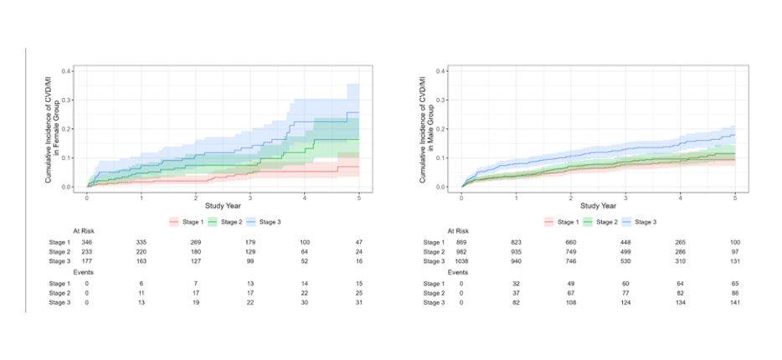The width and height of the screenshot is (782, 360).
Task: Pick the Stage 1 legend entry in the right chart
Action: [563, 221]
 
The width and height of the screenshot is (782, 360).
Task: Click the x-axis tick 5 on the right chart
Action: [734, 198]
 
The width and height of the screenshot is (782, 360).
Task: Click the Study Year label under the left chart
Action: [223, 207]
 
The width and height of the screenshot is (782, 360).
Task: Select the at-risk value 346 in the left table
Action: [86, 241]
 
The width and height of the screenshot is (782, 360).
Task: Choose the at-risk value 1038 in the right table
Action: [461, 261]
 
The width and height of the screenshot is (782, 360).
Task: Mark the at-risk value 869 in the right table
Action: [461, 241]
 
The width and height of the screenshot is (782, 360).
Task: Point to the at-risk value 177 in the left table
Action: [86, 261]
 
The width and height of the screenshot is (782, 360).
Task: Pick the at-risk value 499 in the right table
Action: [625, 251]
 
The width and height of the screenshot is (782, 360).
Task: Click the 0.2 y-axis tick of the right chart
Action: [442, 129]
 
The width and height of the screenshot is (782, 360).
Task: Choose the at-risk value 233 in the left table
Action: [86, 251]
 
